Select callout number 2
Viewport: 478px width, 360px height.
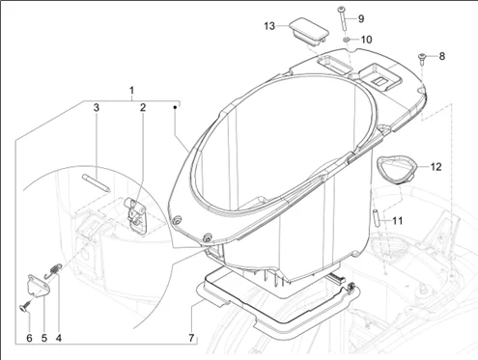(142, 108)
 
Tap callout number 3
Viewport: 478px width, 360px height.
(97, 108)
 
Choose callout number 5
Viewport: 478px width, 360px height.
(43, 338)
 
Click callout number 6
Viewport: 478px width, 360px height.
(29, 338)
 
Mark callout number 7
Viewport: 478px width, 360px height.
(191, 338)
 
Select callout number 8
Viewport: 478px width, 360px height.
(442, 57)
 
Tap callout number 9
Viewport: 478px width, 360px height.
(361, 18)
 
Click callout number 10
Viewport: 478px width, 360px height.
(364, 40)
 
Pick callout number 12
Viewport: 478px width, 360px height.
(436, 167)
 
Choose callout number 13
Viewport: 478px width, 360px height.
(270, 24)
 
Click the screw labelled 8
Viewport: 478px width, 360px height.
(423, 60)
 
